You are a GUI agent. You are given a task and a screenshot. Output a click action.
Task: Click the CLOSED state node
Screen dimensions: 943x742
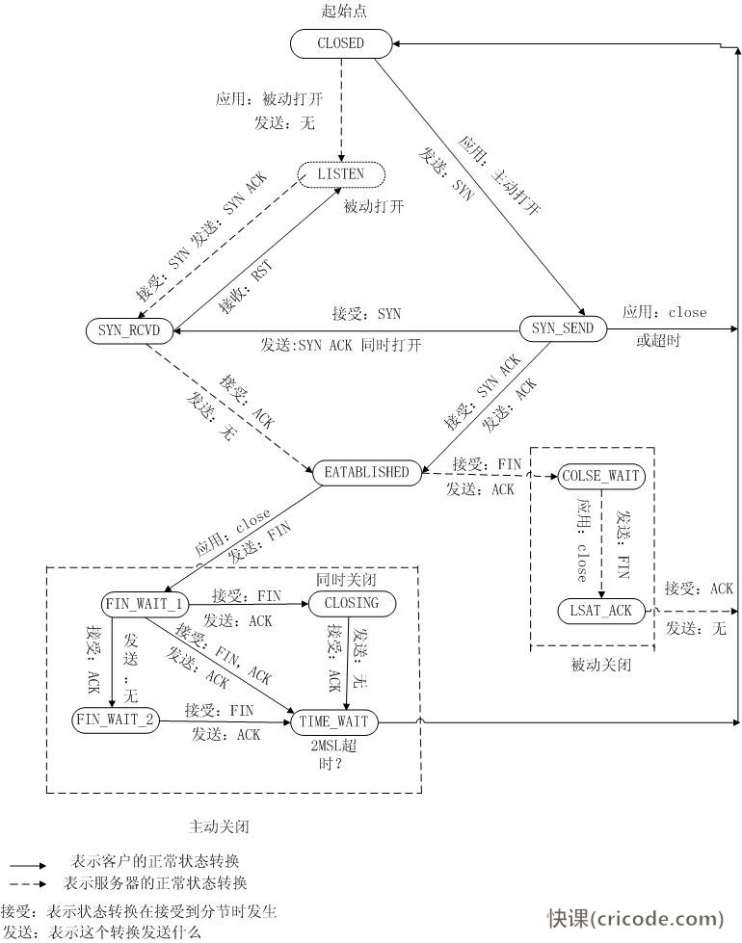click(340, 42)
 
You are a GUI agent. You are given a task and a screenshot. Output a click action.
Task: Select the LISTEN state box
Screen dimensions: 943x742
click(340, 173)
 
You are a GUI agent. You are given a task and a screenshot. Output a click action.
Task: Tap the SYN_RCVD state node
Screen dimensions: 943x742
click(128, 330)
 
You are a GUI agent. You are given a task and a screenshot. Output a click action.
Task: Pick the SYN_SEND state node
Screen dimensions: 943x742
click(563, 329)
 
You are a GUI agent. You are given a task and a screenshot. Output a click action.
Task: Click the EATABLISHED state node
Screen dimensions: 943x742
click(367, 472)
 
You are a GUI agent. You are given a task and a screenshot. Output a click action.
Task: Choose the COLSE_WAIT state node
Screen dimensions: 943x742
click(601, 476)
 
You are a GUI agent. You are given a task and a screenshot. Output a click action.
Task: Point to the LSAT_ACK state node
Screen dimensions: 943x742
click(601, 610)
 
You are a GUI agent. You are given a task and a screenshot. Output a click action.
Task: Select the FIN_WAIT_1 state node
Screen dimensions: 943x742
click(144, 604)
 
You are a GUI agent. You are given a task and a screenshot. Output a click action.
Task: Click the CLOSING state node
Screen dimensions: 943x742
click(345, 604)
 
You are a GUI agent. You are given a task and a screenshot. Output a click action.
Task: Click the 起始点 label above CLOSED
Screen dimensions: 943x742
click(344, 12)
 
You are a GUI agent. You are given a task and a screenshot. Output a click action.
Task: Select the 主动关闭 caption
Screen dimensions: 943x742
click(222, 826)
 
